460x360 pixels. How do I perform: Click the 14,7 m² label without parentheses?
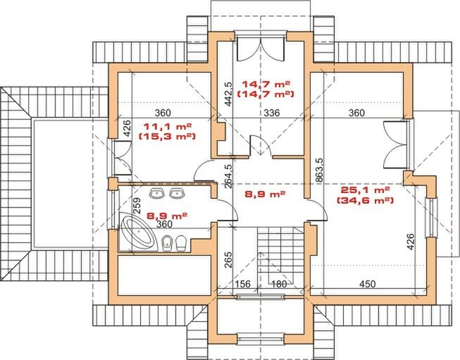[266, 85]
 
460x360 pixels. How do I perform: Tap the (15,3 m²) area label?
[167, 137]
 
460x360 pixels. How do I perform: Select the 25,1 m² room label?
[365, 190]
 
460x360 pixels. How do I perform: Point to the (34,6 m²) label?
[365, 201]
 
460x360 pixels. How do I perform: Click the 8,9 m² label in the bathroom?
[167, 216]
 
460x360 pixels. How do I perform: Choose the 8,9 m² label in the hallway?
[265, 194]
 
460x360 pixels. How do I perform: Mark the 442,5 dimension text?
[229, 93]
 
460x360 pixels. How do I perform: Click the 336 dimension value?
[272, 113]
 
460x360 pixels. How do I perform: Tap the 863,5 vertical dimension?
[319, 171]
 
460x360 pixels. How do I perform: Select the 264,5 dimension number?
[228, 176]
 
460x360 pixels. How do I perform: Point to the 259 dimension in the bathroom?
[137, 206]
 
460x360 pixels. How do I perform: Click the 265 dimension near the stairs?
[228, 260]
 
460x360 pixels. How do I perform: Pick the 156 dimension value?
[243, 284]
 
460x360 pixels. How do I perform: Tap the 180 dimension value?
[279, 284]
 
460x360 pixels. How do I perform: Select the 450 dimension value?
[367, 284]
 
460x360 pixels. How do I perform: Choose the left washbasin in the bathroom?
[158, 193]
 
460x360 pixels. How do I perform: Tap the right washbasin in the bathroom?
[177, 193]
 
